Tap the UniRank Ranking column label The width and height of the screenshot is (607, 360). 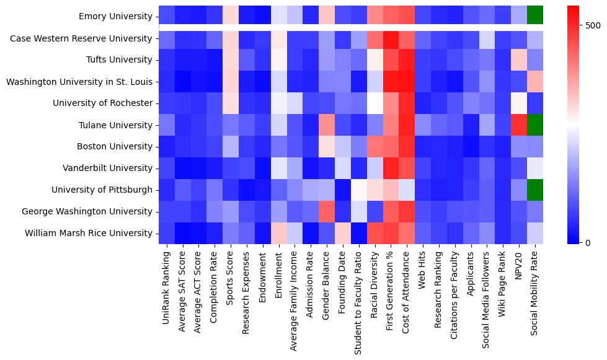[x=166, y=282]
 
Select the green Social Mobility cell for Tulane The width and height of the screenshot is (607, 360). [x=535, y=125]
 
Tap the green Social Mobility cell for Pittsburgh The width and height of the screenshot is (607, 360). [x=535, y=190]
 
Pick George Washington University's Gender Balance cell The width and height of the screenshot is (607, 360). [x=327, y=212]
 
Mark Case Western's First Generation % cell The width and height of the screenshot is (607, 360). [x=391, y=38]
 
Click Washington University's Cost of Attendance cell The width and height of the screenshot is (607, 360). [x=407, y=82]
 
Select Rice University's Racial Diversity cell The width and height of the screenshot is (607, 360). [x=374, y=234]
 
